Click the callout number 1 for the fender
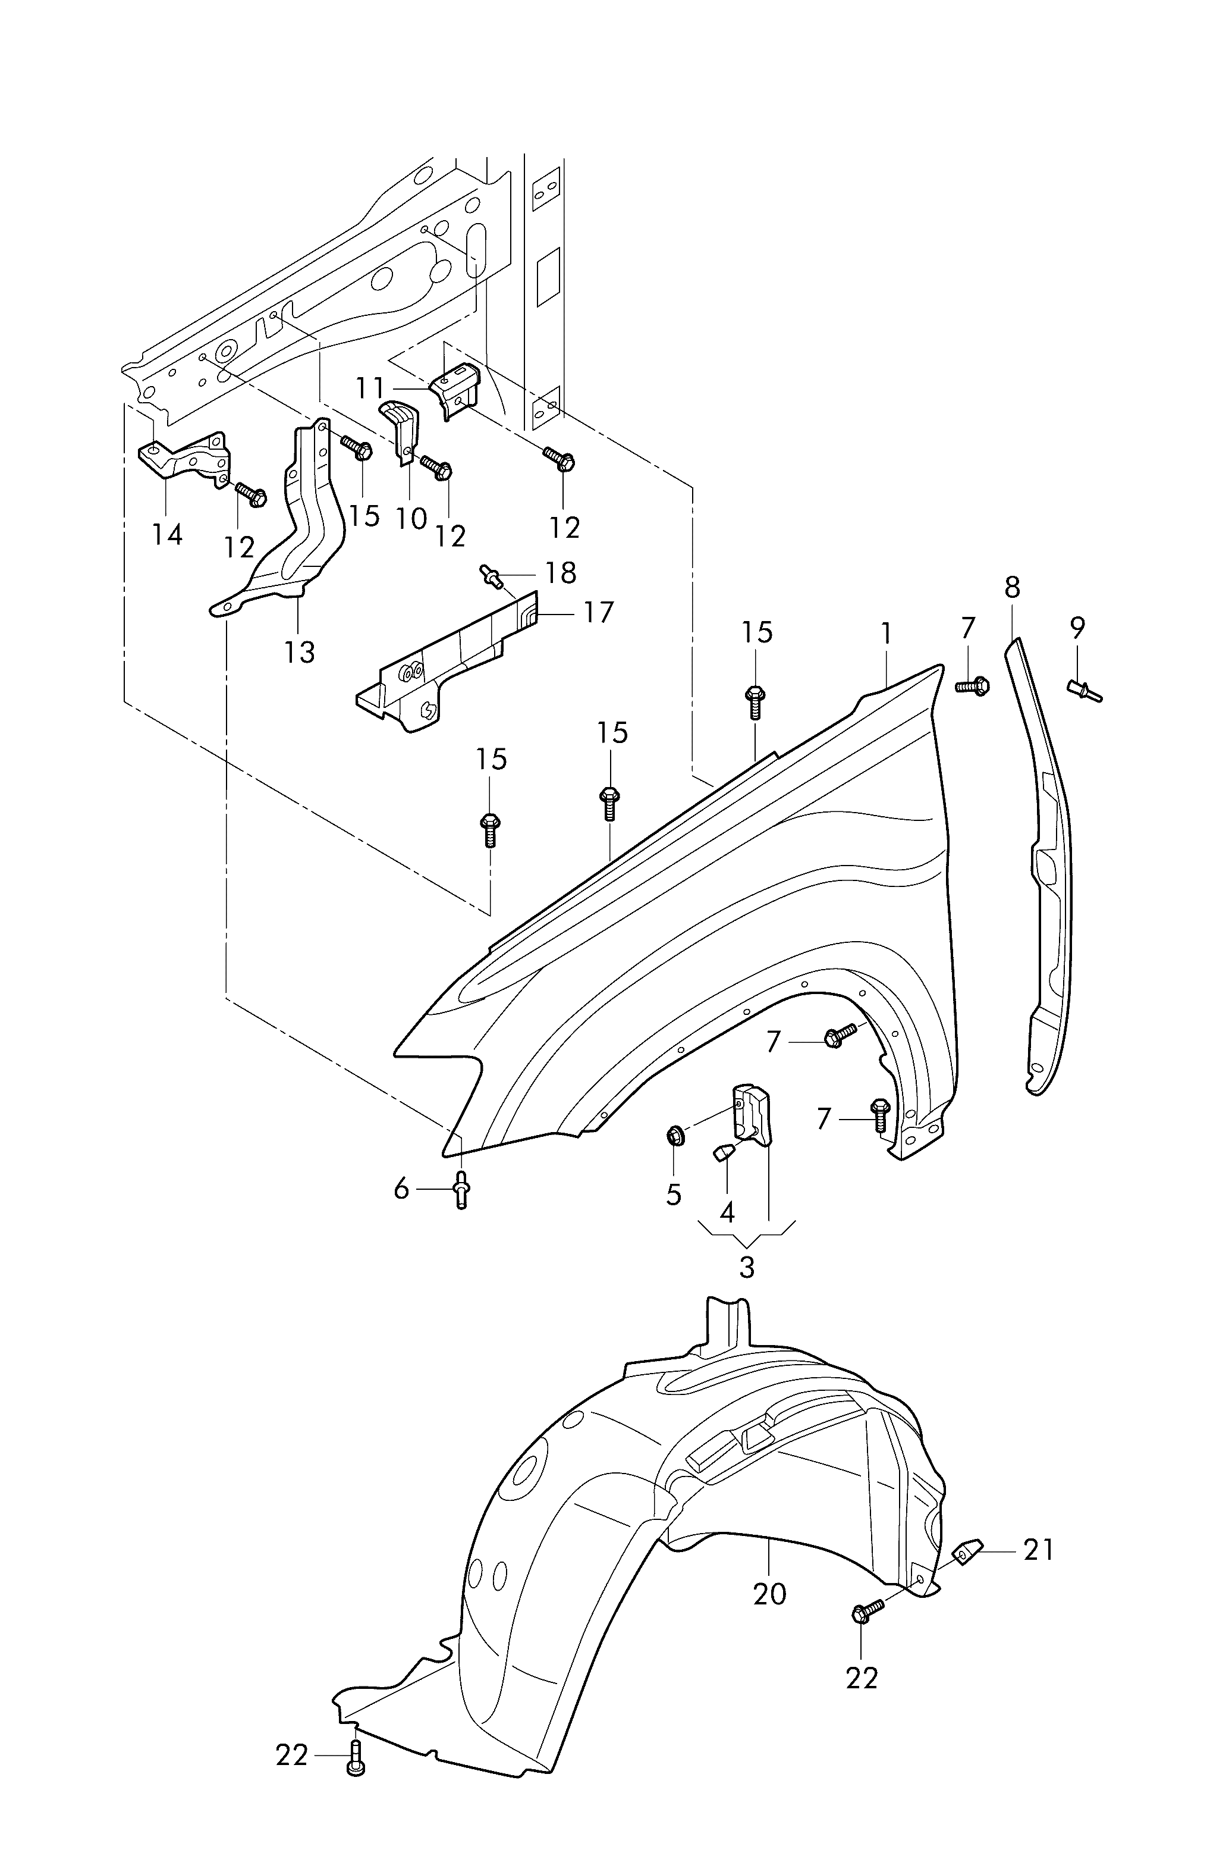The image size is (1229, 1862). pos(886,634)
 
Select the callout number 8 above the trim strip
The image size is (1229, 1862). pos(1012,587)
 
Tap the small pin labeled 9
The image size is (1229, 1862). pos(1085,691)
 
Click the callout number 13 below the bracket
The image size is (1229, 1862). pos(300,651)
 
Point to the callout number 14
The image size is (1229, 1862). pos(168,535)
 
